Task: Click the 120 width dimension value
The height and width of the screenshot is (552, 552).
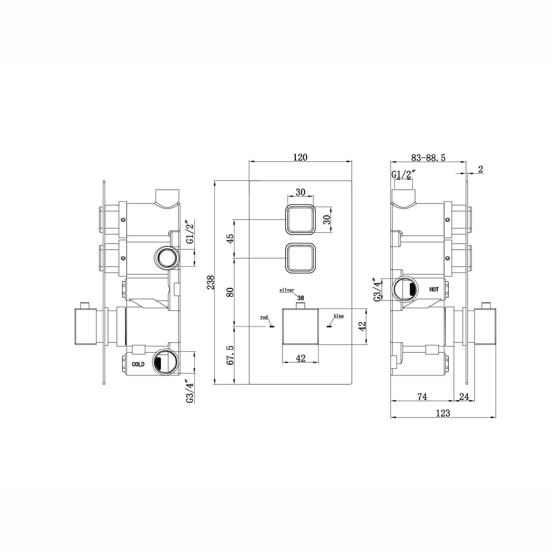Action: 300,157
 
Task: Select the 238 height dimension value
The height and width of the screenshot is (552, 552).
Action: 210,282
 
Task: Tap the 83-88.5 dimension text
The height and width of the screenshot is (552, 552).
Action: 428,158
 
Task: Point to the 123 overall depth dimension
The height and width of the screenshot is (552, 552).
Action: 443,413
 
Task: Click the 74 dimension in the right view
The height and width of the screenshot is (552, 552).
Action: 422,397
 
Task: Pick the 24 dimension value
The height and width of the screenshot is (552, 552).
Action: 464,397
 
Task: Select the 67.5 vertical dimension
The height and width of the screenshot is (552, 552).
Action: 230,355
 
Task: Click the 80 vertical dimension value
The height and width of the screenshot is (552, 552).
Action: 230,292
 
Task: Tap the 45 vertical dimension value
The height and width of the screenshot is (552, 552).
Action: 230,238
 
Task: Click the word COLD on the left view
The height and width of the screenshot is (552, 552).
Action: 138,364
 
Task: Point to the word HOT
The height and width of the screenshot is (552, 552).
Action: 434,289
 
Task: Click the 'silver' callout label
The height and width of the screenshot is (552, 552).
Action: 286,290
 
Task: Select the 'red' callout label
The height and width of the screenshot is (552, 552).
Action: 264,317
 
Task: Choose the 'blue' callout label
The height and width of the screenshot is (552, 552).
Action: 339,316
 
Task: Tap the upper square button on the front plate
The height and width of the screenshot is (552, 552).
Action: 300,220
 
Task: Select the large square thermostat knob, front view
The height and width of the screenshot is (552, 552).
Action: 300,326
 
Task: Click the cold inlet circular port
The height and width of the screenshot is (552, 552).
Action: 166,362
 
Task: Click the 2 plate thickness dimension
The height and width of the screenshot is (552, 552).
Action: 481,169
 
